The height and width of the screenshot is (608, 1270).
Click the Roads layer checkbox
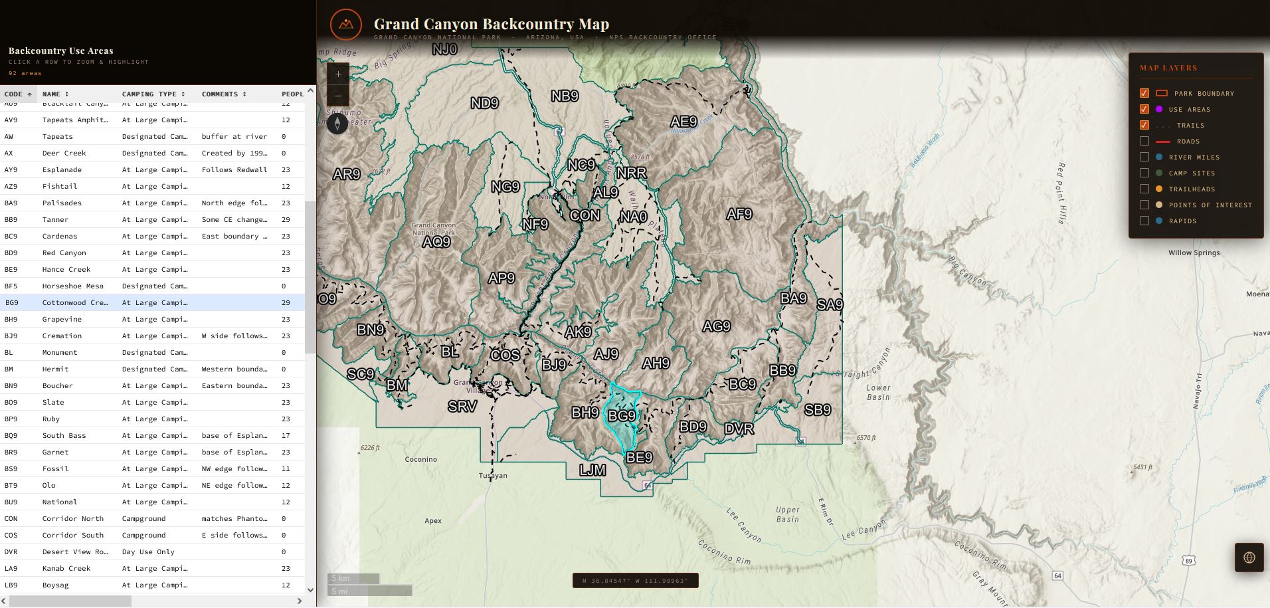click(x=1144, y=141)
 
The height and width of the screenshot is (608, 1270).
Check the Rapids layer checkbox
click(x=1144, y=221)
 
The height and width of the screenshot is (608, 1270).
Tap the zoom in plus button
click(x=338, y=74)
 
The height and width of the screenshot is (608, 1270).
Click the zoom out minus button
click(x=338, y=96)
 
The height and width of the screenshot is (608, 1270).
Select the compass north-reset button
click(x=337, y=124)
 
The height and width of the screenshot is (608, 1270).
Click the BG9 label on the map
click(x=622, y=416)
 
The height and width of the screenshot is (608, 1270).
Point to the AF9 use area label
click(x=739, y=214)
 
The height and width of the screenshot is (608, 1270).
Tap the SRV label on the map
click(x=462, y=406)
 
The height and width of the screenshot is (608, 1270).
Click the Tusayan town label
click(x=493, y=475)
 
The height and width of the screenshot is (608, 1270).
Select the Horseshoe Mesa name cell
click(x=72, y=286)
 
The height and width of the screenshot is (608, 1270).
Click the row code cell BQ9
click(x=11, y=435)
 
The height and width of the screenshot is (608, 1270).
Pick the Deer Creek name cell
click(x=64, y=153)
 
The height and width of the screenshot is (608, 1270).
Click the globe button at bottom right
click(x=1249, y=557)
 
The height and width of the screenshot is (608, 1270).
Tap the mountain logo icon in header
click(x=345, y=25)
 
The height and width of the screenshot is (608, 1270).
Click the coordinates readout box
click(x=635, y=581)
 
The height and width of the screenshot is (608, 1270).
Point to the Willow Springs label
click(x=1194, y=253)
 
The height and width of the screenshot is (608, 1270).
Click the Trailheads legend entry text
click(x=1192, y=189)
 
